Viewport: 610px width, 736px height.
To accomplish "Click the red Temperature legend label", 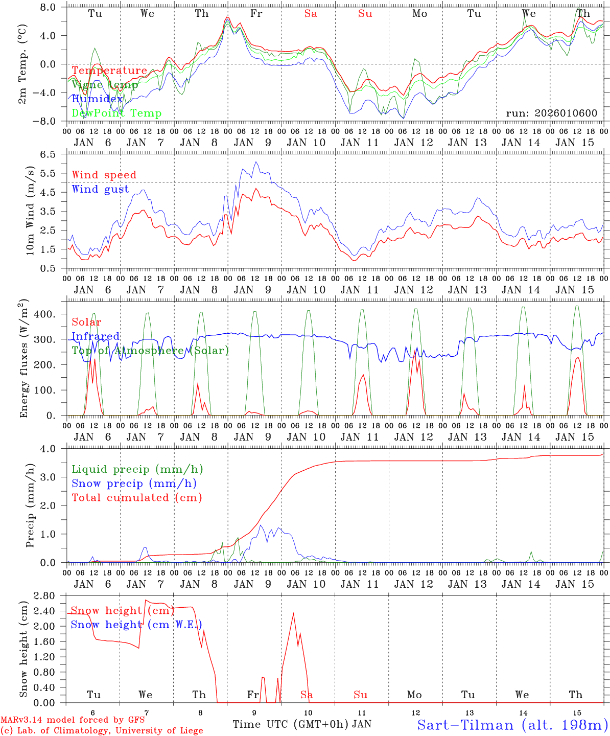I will [109, 71].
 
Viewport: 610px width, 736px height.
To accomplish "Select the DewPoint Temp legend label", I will [116, 113].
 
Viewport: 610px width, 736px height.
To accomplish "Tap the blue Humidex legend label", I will [97, 99].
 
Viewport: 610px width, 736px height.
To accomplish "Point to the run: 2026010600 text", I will [551, 113].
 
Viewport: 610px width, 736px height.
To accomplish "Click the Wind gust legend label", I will [101, 189].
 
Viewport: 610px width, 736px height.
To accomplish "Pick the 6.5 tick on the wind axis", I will [51, 154].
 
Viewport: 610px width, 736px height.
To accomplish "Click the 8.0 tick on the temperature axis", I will [51, 7].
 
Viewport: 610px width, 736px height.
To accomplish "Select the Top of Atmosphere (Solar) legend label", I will [150, 351].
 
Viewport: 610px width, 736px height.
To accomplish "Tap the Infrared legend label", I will [96, 336].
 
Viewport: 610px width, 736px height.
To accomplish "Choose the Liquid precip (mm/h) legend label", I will [137, 469].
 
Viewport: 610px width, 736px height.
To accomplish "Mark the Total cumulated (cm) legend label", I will [137, 498].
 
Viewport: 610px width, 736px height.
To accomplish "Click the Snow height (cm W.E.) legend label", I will [136, 625].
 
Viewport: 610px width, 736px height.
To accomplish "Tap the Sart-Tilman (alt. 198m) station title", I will [512, 725].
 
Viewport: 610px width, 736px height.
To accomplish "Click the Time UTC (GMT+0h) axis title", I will [291, 724].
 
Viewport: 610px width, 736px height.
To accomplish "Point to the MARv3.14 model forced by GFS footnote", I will [73, 720].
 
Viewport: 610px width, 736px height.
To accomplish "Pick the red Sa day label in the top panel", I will [311, 14].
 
